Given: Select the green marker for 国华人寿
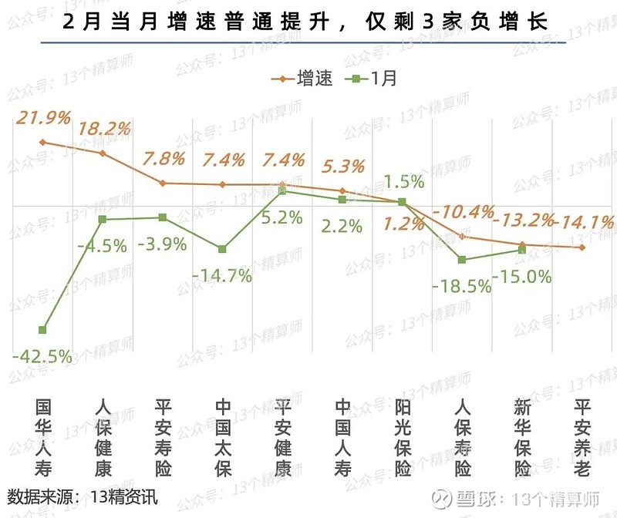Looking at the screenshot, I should click(x=42, y=330).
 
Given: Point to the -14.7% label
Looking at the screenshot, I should click(x=223, y=275).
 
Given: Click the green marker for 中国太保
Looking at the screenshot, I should click(x=222, y=249).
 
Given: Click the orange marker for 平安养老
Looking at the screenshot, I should click(x=582, y=247).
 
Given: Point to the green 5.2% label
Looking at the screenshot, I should click(x=282, y=217).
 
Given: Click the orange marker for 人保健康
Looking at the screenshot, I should click(x=103, y=153).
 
